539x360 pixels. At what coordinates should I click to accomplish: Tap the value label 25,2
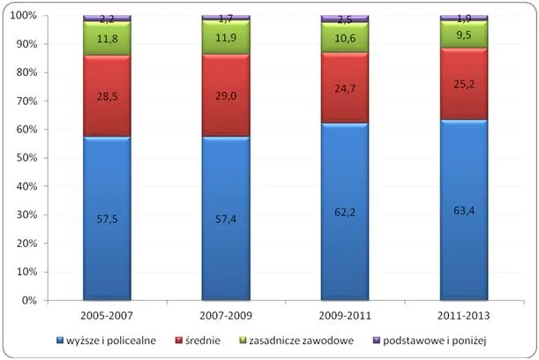[464, 87]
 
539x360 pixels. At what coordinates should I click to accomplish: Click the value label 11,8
[107, 38]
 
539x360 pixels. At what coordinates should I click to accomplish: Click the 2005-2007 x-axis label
[107, 314]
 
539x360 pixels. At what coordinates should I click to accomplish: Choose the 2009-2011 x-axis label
[345, 314]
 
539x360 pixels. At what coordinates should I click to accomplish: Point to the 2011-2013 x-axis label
[464, 314]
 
